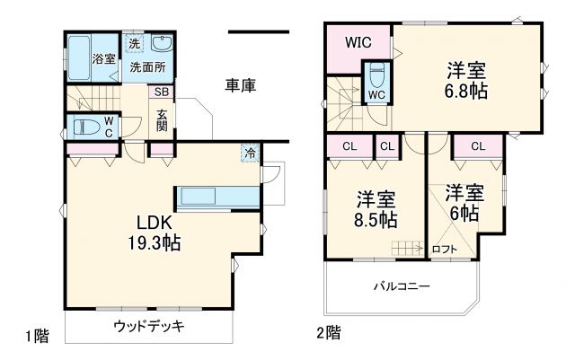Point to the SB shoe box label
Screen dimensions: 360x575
[163, 92]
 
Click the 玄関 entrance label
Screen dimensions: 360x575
[162, 120]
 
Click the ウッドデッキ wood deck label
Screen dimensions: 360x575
[149, 326]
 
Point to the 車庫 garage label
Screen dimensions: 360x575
[241, 85]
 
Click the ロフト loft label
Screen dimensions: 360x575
[445, 250]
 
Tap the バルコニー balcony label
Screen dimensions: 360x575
[402, 286]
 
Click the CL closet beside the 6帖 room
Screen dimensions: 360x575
[477, 145]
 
